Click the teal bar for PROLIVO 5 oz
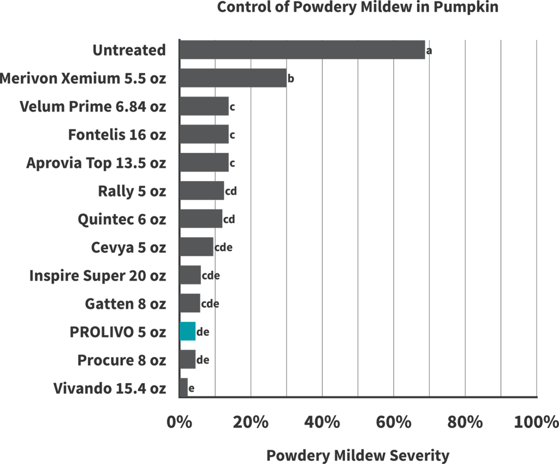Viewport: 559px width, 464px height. point(188,331)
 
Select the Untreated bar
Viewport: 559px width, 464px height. point(302,50)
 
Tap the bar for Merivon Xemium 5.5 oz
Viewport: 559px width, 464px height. point(233,78)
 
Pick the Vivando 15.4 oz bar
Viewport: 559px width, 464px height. point(184,388)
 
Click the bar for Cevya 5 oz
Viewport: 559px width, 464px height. point(197,247)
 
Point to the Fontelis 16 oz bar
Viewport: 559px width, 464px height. point(204,134)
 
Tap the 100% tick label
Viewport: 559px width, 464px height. point(536,422)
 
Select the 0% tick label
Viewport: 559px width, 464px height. point(180,422)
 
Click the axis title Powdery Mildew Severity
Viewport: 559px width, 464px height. point(358,455)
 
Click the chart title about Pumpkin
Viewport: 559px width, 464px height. point(358,8)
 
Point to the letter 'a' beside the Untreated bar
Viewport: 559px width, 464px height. point(429,51)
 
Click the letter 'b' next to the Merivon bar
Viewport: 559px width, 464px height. point(291,79)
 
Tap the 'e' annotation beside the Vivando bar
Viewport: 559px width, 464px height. point(192,389)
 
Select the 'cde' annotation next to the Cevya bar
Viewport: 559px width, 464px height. point(224,248)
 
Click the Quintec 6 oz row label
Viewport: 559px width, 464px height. point(122,219)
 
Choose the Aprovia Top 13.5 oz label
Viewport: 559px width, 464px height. point(96,163)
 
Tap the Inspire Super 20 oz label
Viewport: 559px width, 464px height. point(98,275)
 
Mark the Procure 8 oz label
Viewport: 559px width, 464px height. point(122,360)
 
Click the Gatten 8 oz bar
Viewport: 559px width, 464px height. point(190,303)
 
